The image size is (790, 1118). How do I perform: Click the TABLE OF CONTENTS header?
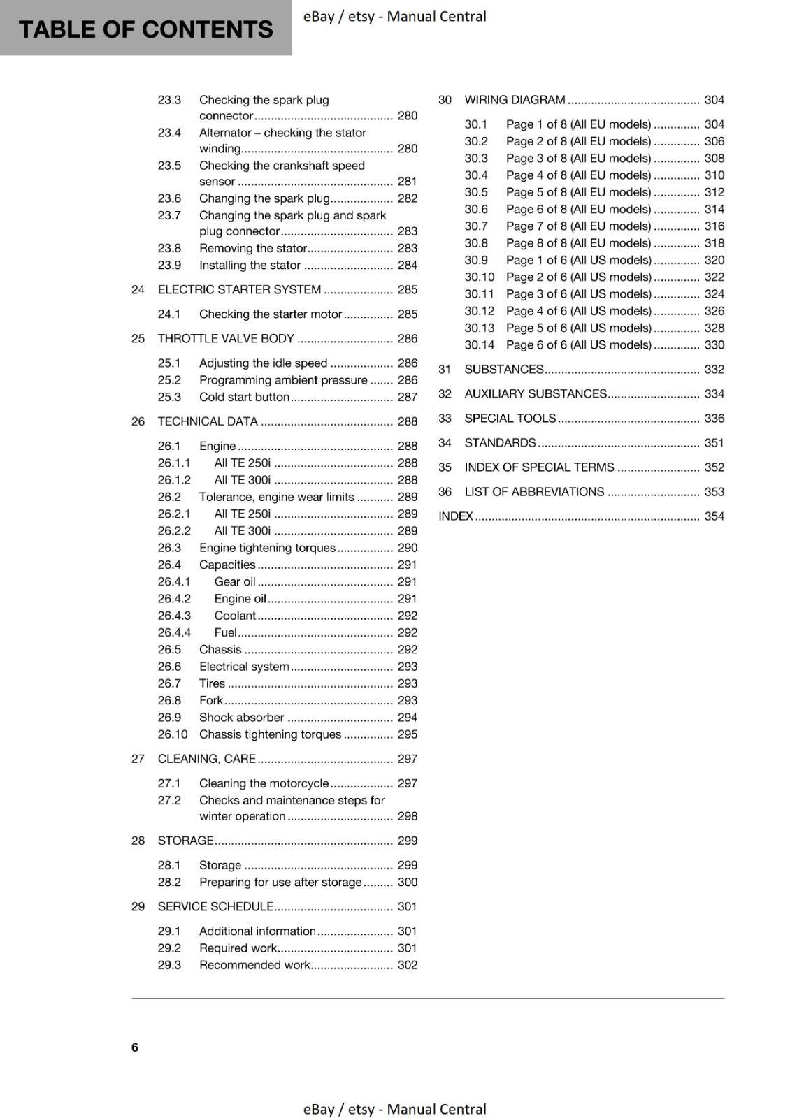click(145, 29)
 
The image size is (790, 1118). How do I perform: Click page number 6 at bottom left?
click(135, 1047)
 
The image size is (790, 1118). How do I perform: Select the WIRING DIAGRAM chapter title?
click(515, 100)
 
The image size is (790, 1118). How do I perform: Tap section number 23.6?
click(169, 198)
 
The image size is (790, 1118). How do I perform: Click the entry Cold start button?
click(244, 397)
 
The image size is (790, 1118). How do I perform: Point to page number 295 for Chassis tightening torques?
click(407, 734)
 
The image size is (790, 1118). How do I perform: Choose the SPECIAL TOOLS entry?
click(510, 419)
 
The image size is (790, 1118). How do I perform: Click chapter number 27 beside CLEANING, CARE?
click(138, 759)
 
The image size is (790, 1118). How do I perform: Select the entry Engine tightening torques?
click(267, 548)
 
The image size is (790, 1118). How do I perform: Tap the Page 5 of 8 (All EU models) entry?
click(578, 192)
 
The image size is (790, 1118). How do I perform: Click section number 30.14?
click(479, 345)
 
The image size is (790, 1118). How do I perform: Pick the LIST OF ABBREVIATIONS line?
click(534, 492)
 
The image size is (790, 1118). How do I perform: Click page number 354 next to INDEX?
click(714, 516)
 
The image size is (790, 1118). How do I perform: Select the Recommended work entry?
click(254, 965)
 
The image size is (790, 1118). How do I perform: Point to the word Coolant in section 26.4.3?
click(235, 616)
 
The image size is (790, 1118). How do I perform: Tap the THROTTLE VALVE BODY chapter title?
click(226, 339)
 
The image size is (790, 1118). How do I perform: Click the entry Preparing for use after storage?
click(280, 882)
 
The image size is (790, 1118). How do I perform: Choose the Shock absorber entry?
click(241, 718)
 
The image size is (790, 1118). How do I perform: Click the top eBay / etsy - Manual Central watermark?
click(394, 16)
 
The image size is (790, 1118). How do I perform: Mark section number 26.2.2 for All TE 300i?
click(174, 531)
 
